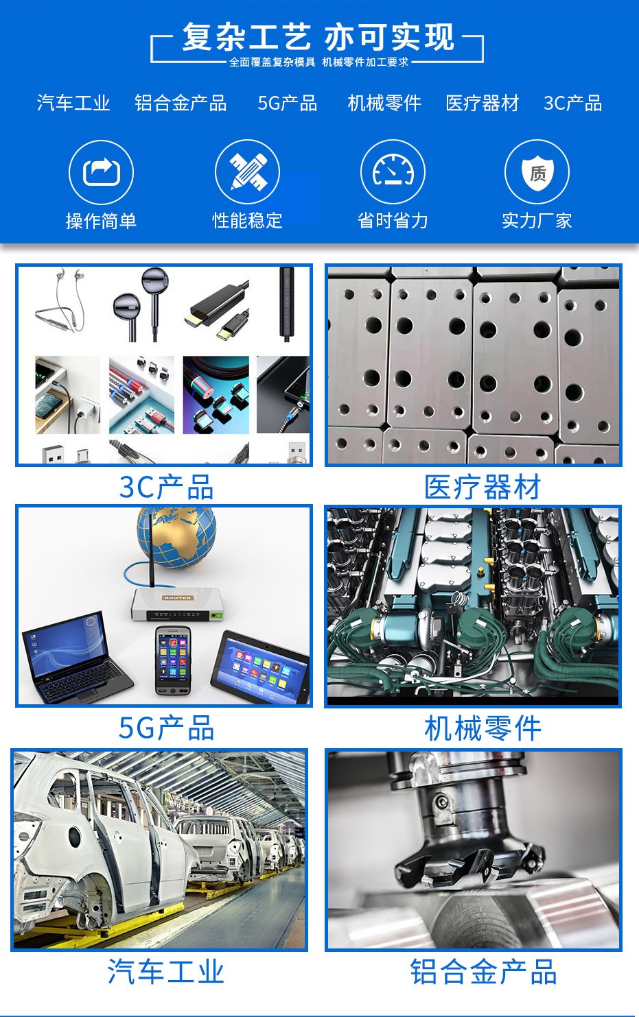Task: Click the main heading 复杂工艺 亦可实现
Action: [x=318, y=38]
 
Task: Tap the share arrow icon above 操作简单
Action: [x=101, y=171]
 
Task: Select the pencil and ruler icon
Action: [x=247, y=171]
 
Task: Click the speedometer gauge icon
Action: [x=393, y=171]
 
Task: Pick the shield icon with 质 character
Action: [x=537, y=171]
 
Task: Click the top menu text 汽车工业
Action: [x=73, y=103]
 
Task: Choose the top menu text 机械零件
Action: [x=384, y=103]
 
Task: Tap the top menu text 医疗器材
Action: [x=482, y=103]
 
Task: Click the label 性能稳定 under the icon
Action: [x=247, y=220]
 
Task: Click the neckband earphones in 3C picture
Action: [x=60, y=302]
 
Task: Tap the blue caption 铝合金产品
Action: [x=483, y=972]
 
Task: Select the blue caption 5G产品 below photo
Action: [x=166, y=728]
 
